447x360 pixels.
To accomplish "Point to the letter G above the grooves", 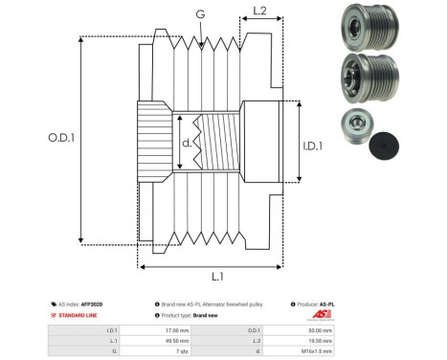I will [x=199, y=14].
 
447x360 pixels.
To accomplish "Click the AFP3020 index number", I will [x=91, y=304].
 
